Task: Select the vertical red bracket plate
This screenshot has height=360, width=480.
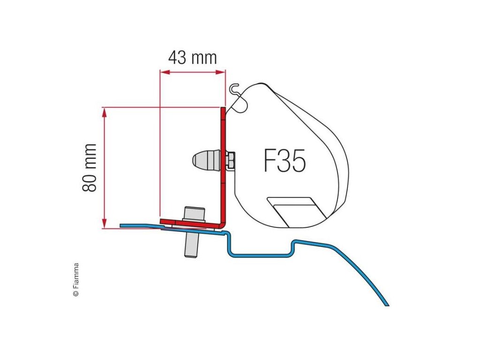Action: pos(223,164)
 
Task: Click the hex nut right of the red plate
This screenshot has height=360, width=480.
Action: pos(231,160)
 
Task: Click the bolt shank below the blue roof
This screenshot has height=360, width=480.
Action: pos(191,244)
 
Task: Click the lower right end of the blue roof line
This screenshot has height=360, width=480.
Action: pos(387,304)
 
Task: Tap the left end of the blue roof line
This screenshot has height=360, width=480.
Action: pos(122,225)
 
